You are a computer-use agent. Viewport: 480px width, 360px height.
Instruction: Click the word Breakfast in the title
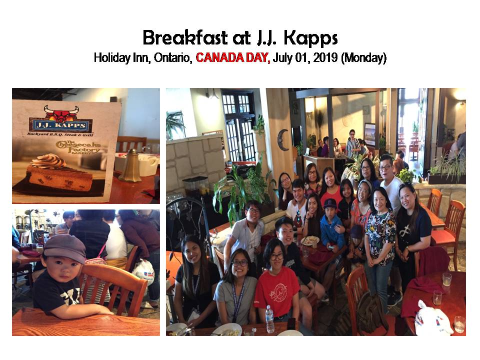185,37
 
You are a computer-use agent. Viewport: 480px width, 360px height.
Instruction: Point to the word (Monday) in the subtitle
363,58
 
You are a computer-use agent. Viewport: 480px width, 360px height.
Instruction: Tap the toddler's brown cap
64,247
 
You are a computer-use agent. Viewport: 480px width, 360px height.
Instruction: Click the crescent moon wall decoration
282,139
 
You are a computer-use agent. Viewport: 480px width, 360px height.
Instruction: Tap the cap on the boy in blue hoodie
330,204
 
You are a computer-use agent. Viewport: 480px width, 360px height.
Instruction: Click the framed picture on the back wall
370,134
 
